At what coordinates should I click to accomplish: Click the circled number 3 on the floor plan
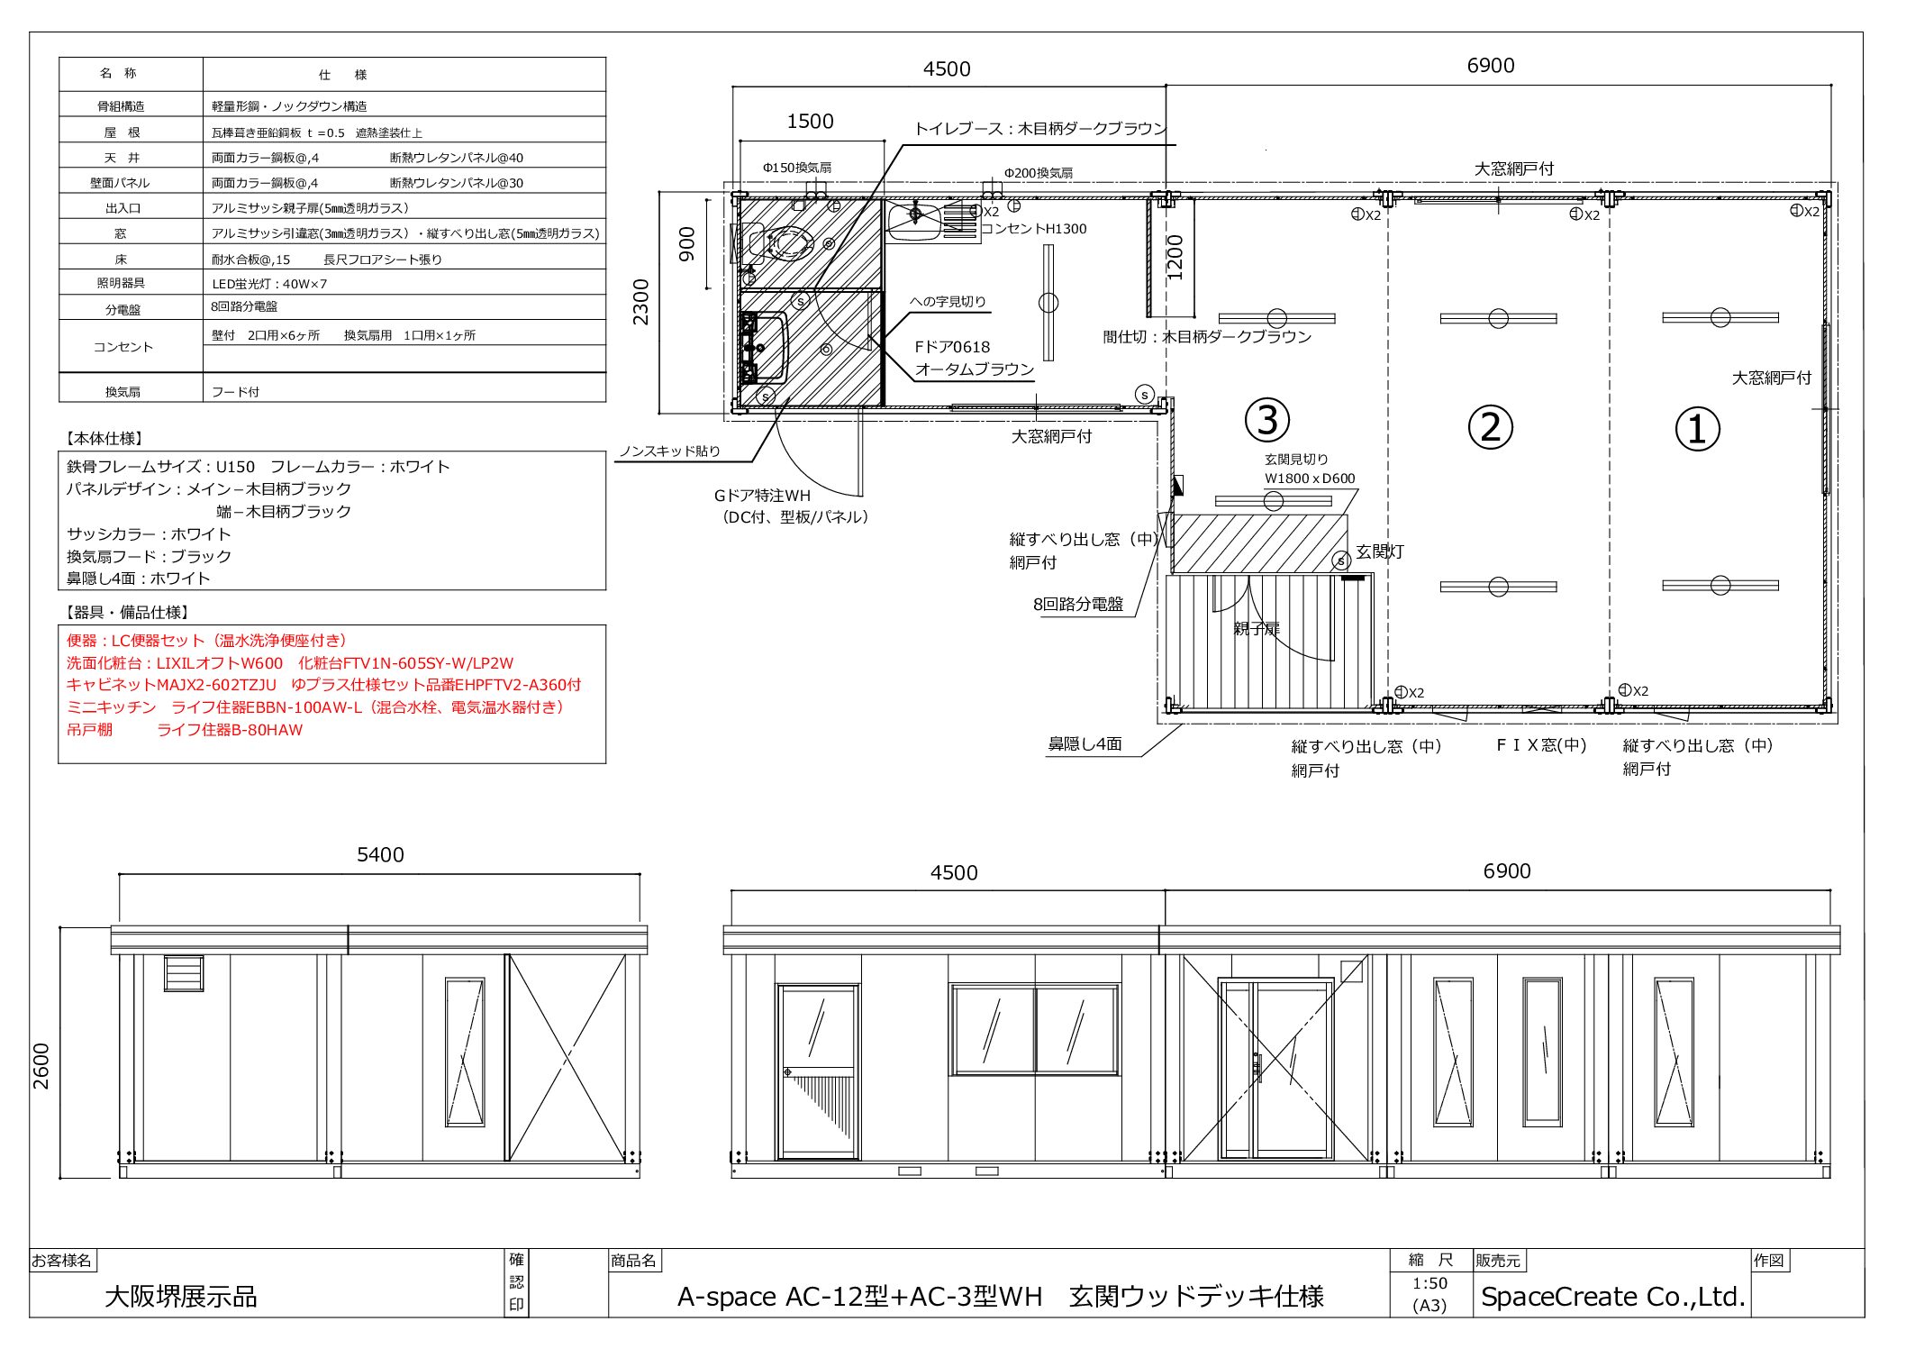[1267, 420]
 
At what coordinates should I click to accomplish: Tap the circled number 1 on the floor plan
[1697, 429]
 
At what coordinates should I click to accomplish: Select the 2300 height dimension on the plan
[640, 303]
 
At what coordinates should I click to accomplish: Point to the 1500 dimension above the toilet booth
[810, 122]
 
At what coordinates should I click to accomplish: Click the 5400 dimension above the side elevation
[380, 855]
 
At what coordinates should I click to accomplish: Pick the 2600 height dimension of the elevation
[41, 1066]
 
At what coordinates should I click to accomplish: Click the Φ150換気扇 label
[797, 168]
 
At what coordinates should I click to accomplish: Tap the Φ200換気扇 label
[1039, 173]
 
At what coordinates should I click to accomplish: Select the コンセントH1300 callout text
[1034, 229]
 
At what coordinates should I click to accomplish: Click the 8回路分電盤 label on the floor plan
[1078, 604]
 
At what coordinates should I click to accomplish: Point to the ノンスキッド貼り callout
[670, 451]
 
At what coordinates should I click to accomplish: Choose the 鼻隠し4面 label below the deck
[1085, 744]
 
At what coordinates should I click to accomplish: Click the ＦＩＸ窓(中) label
[1541, 745]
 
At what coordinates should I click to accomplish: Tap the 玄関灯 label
[1380, 551]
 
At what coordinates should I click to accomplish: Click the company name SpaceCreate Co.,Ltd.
[1613, 1297]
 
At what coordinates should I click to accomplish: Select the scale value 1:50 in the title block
[1429, 1283]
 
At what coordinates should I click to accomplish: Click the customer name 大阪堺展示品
[181, 1297]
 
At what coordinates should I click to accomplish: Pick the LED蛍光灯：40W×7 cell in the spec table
[269, 284]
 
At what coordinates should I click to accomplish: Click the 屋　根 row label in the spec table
[122, 132]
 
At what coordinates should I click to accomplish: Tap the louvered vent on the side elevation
[184, 973]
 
